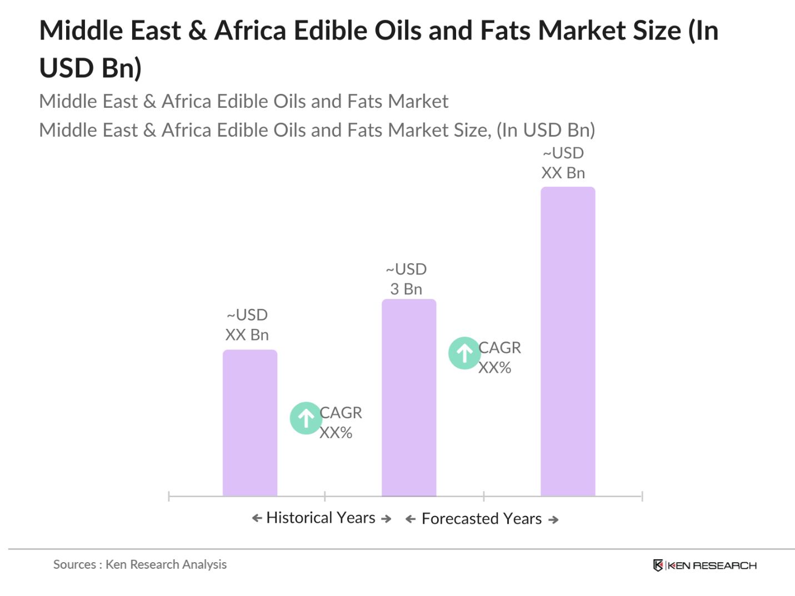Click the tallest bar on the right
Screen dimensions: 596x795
(x=567, y=341)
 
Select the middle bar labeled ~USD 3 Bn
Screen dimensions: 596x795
(x=408, y=397)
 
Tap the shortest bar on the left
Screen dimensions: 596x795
(x=249, y=423)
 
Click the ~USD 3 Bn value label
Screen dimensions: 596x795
(x=406, y=279)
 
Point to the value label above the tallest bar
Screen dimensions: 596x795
(x=563, y=163)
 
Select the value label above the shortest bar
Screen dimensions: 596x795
(x=247, y=325)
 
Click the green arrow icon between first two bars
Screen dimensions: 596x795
(x=306, y=418)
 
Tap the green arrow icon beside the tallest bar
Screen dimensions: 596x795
(x=464, y=353)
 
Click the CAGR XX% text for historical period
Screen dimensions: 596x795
(x=340, y=423)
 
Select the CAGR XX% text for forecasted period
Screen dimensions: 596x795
(x=499, y=358)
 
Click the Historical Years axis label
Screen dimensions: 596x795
(x=321, y=518)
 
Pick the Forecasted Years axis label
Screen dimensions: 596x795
(x=481, y=519)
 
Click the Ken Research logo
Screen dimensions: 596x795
(x=704, y=565)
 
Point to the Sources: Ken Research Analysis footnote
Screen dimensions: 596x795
(x=140, y=564)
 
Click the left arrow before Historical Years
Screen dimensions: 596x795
(x=257, y=518)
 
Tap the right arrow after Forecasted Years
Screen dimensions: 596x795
(x=553, y=520)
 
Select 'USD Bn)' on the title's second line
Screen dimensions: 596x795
(x=91, y=68)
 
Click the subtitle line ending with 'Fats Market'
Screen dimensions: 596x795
(x=243, y=101)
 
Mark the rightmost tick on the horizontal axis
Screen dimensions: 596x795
(x=642, y=496)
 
